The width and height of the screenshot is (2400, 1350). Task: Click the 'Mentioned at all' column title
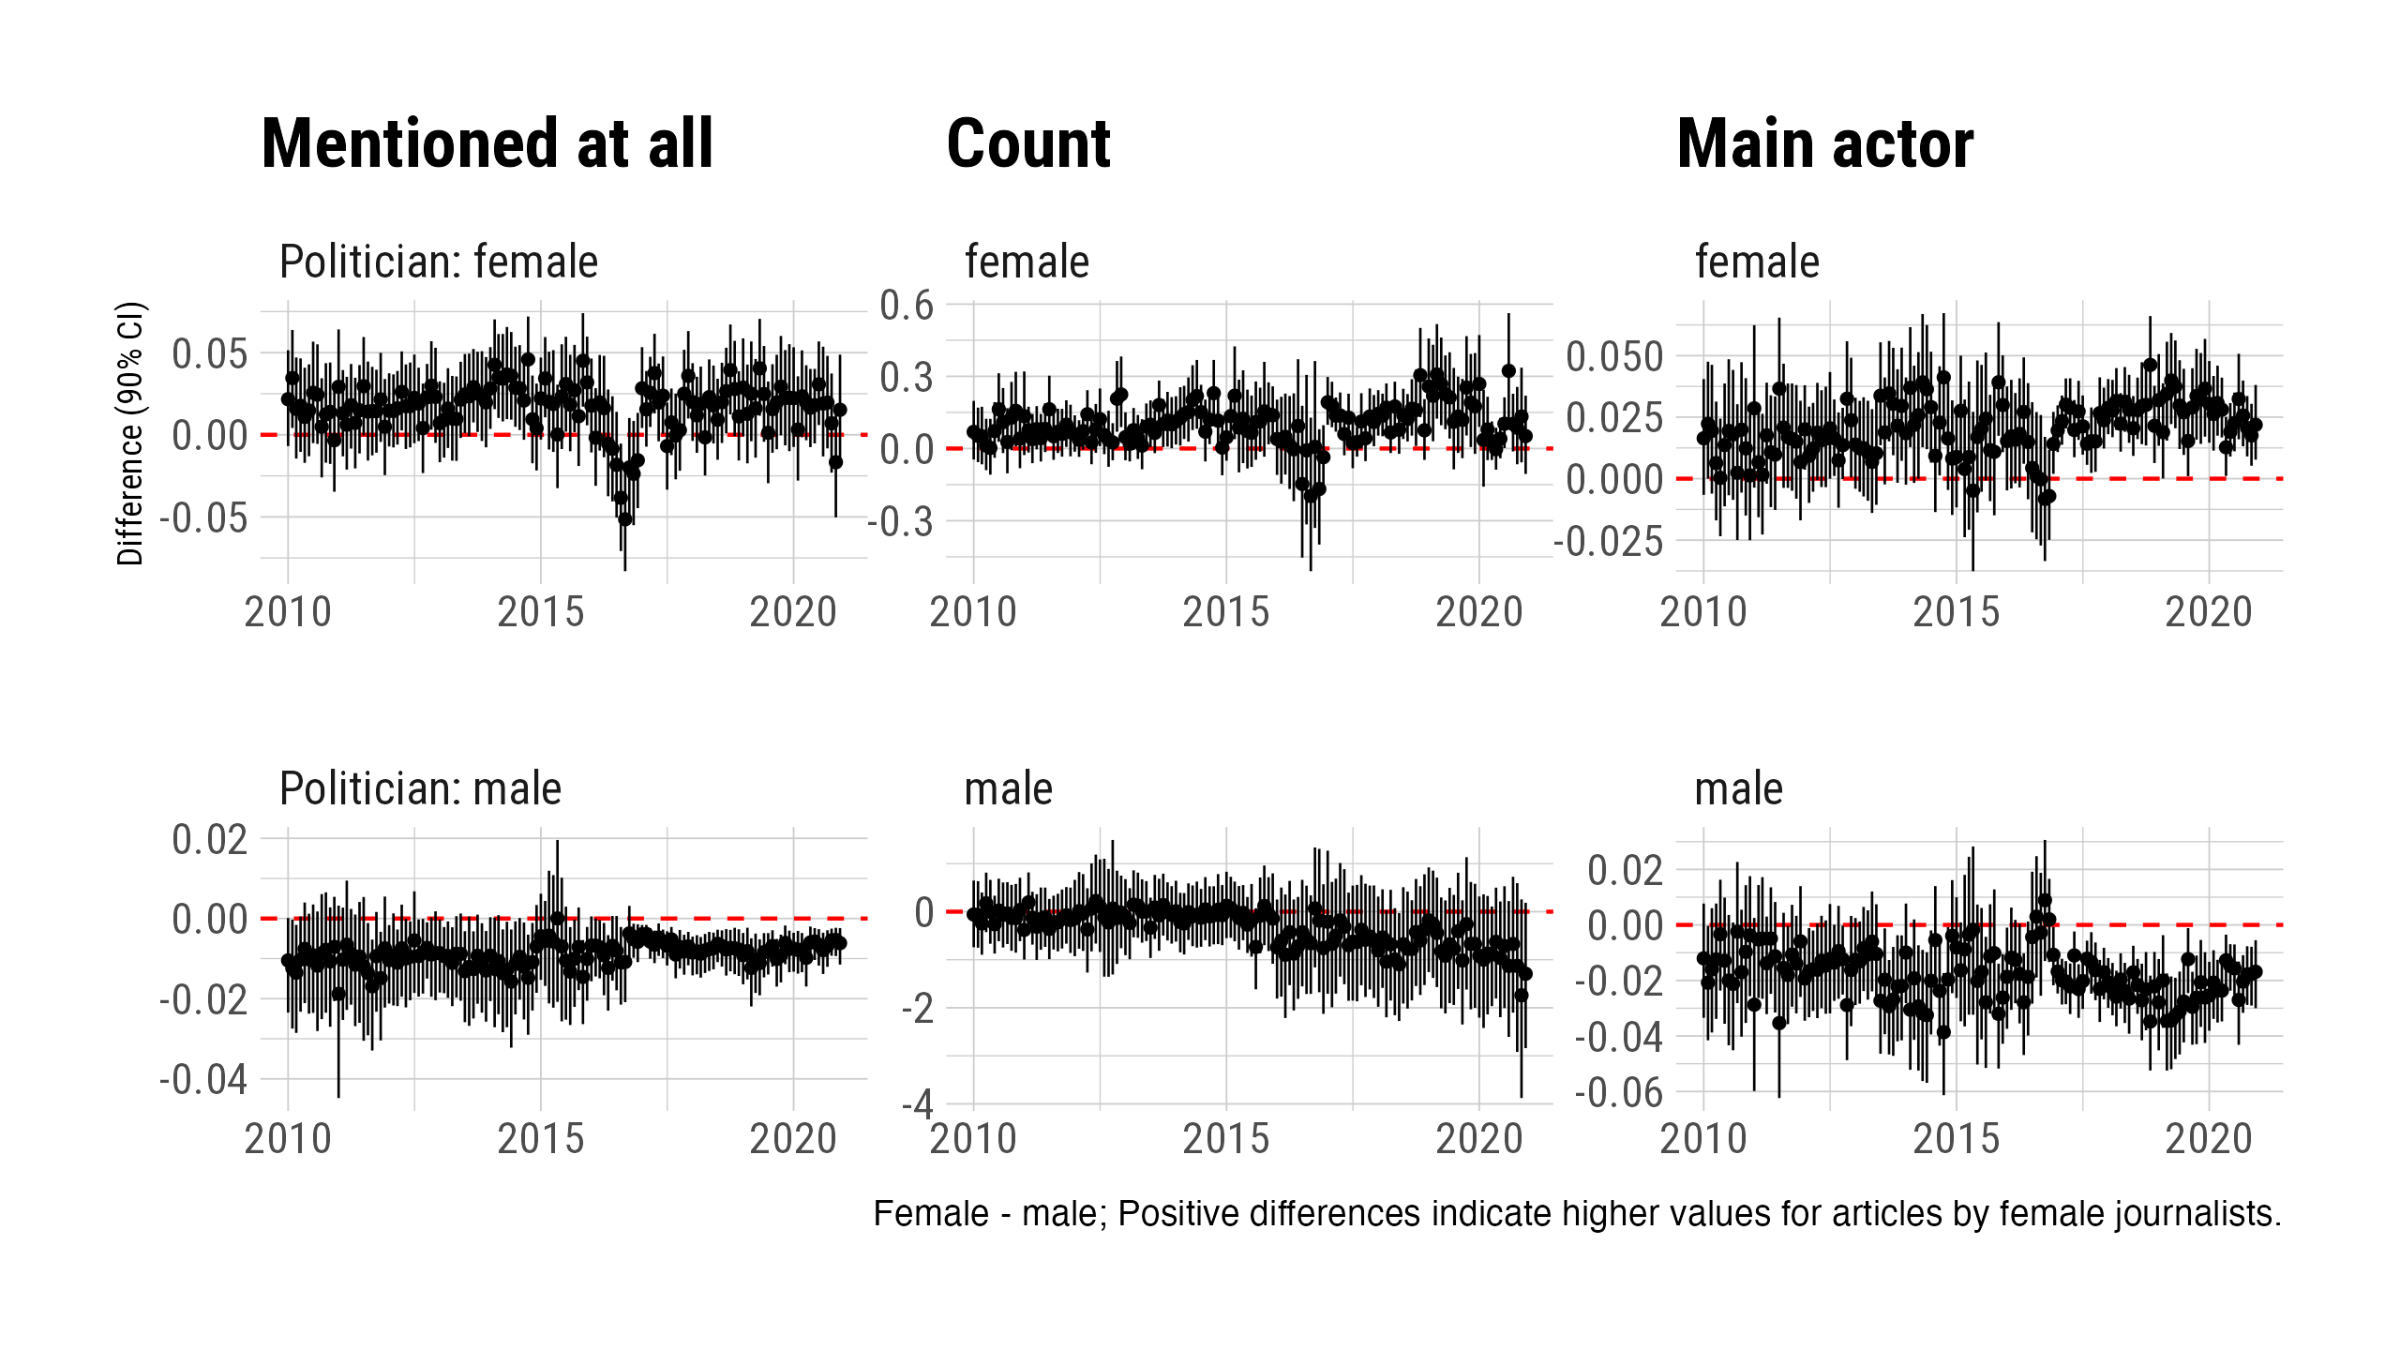tap(487, 144)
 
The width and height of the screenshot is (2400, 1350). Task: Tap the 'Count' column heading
tap(1028, 144)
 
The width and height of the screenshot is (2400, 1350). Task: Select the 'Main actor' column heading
tap(1824, 144)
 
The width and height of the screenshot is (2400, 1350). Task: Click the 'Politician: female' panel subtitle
tap(439, 262)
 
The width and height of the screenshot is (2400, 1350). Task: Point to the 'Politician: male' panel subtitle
tap(420, 788)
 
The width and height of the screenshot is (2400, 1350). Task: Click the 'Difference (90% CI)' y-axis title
tap(130, 433)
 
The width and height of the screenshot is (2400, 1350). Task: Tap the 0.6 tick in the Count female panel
tap(907, 305)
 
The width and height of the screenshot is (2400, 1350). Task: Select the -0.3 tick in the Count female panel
tap(901, 521)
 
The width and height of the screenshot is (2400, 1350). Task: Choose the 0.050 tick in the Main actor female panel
tap(1614, 356)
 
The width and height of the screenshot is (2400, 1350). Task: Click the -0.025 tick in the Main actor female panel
tap(1608, 541)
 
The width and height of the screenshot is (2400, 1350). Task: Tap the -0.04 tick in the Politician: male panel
tap(203, 1079)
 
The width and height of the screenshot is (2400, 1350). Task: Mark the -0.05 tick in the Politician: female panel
tap(203, 517)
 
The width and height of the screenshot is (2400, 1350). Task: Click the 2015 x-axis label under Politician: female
tap(541, 613)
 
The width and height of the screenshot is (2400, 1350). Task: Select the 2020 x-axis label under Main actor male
tap(2208, 1139)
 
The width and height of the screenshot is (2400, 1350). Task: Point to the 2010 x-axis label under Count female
tap(973, 613)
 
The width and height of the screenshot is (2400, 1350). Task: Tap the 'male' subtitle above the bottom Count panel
tap(1009, 788)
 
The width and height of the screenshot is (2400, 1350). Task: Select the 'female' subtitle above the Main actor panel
tap(1757, 262)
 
